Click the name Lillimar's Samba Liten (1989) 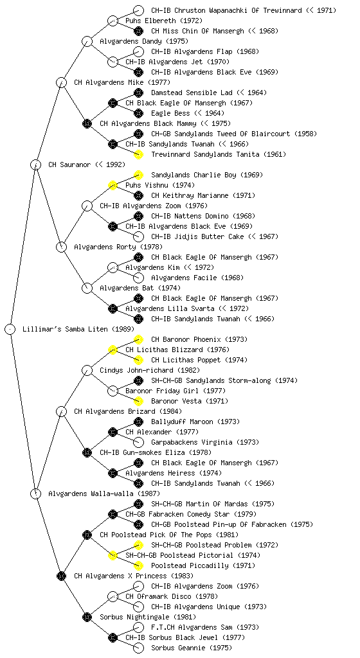(x=78, y=329)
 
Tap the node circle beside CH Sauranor (x=35, y=164)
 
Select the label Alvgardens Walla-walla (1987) (x=104, y=493)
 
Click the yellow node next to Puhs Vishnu (x=113, y=185)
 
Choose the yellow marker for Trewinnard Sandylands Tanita (x=138, y=154)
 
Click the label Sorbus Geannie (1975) (x=192, y=648)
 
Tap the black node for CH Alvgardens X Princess (x=61, y=576)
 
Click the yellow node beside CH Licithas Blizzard (x=113, y=350)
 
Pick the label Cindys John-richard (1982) (x=150, y=370)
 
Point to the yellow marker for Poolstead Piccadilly (x=138, y=565)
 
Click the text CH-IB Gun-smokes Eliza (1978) (x=156, y=452)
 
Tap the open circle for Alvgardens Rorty (x=61, y=247)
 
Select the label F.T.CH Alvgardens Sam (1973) (x=205, y=627)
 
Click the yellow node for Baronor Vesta (x=138, y=401)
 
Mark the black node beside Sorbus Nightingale (x=87, y=617)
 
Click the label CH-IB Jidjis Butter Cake (x=197, y=236)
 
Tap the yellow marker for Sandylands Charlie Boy (x=138, y=175)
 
